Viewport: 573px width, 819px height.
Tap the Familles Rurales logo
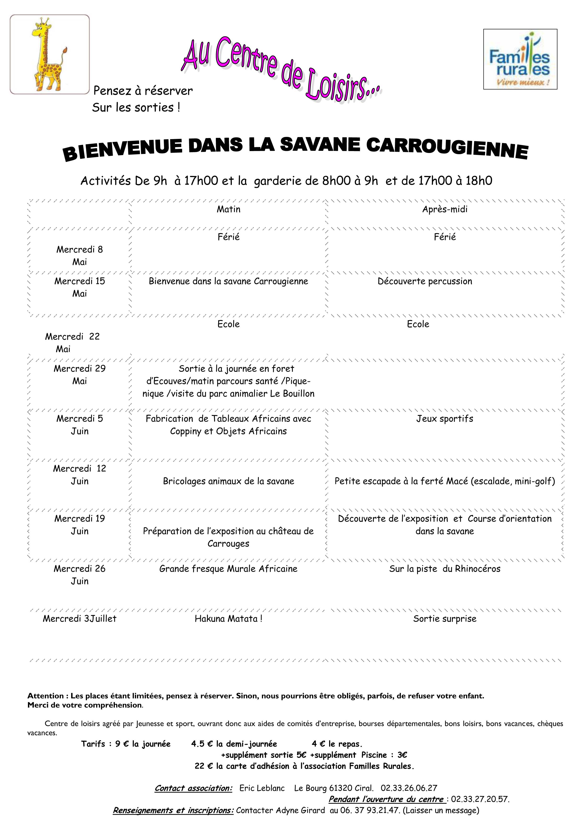(520, 59)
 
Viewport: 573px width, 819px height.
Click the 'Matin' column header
(228, 209)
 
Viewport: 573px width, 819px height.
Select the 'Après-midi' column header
(445, 209)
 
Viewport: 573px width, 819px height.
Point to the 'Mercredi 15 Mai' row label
(80, 287)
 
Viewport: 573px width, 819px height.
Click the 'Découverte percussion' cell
(424, 281)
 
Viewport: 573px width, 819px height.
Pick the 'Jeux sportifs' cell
(445, 418)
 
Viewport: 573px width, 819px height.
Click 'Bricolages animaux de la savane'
(228, 481)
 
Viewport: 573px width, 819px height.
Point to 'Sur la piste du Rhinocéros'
(445, 569)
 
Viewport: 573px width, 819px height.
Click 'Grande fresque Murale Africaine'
(228, 569)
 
